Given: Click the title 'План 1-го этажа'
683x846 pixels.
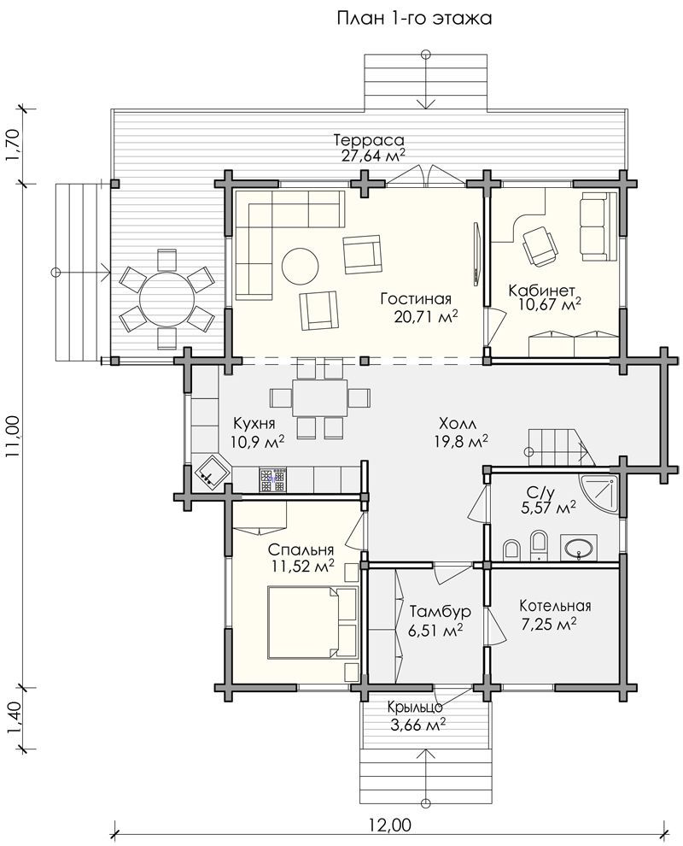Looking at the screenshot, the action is [x=414, y=18].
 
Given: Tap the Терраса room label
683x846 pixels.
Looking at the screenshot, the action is [x=369, y=140].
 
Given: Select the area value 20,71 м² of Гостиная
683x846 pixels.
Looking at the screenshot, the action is [x=426, y=316].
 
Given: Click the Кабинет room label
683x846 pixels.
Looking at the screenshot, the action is [x=542, y=291].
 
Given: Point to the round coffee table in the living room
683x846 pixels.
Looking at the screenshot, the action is [x=300, y=266].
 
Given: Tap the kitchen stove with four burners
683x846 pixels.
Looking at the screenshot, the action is [x=272, y=479].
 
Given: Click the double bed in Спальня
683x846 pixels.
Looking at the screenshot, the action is [x=312, y=623].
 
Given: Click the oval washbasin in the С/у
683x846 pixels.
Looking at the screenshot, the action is [x=579, y=548].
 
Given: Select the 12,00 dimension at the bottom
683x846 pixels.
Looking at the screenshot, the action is [x=390, y=825].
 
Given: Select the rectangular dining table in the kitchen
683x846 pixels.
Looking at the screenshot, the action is [x=319, y=398].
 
